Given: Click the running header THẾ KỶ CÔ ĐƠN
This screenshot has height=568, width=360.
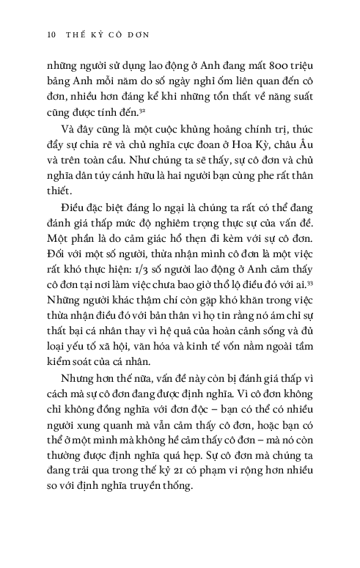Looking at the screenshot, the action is [100, 34].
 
